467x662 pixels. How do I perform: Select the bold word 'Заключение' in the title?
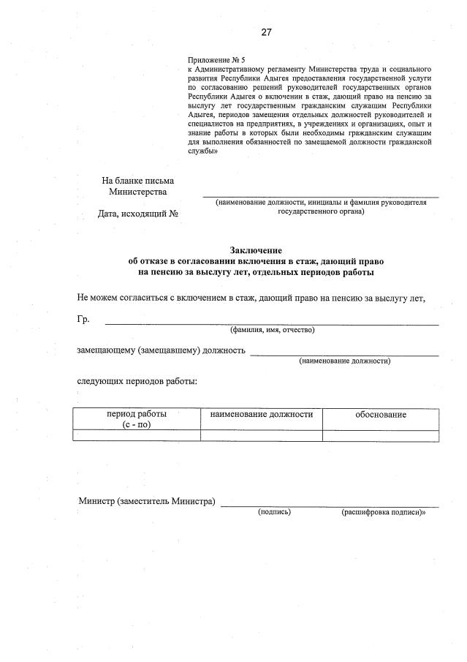point(255,250)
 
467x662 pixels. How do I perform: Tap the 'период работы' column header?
point(137,414)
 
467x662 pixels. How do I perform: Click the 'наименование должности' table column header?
point(261,414)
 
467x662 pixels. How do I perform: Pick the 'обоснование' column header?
point(381,415)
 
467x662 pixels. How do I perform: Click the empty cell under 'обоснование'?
point(381,436)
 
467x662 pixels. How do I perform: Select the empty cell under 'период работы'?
point(137,436)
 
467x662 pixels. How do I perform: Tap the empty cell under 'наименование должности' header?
point(261,436)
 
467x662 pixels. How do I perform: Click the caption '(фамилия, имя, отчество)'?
point(272,330)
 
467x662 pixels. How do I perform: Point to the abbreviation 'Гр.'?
point(83,319)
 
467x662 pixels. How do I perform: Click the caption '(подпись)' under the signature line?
point(274,512)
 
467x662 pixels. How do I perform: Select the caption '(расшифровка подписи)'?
point(383,512)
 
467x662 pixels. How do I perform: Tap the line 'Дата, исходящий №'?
point(138,214)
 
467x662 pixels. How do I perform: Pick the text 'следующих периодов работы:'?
point(137,381)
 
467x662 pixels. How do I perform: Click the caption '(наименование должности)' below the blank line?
point(344,361)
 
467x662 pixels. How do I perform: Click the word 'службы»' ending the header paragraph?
point(203,151)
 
